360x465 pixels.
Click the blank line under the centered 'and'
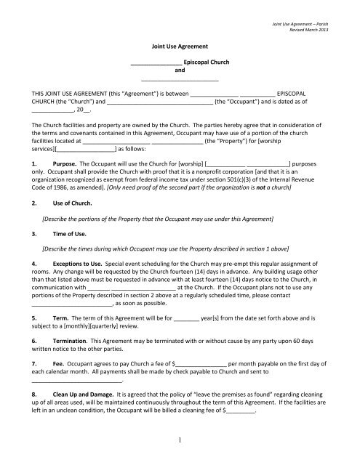coord(180,80)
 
